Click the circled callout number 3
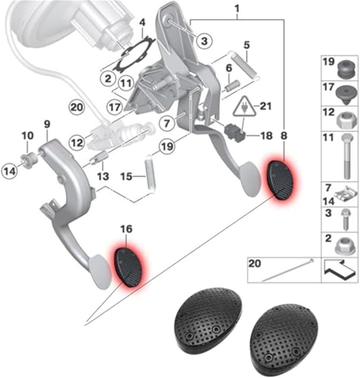pyautogui.click(x=204, y=41)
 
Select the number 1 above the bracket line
pyautogui.click(x=237, y=8)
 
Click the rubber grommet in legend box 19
pyautogui.click(x=345, y=68)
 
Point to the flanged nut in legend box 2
pyautogui.click(x=345, y=244)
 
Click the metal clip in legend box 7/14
pyautogui.click(x=346, y=194)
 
